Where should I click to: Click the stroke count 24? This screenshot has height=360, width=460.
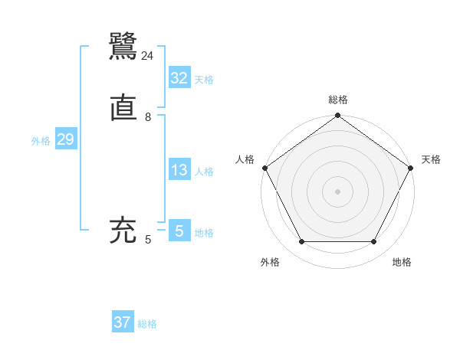pyautogui.click(x=147, y=56)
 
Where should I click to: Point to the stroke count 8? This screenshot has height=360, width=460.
pyautogui.click(x=147, y=117)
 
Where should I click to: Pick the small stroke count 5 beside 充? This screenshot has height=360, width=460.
pyautogui.click(x=147, y=241)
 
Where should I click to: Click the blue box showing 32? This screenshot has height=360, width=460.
pyautogui.click(x=179, y=78)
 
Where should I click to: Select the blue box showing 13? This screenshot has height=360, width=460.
pyautogui.click(x=179, y=171)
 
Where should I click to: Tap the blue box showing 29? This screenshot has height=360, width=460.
pyautogui.click(x=65, y=140)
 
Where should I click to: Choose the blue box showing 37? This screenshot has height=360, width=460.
pyautogui.click(x=123, y=322)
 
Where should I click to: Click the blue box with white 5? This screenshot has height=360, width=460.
pyautogui.click(x=179, y=231)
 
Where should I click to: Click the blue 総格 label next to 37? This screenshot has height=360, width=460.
pyautogui.click(x=147, y=324)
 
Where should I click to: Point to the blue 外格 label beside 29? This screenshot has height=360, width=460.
pyautogui.click(x=41, y=141)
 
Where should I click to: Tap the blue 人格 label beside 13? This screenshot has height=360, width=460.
pyautogui.click(x=204, y=172)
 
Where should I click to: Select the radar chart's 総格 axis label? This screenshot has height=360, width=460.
pyautogui.click(x=337, y=100)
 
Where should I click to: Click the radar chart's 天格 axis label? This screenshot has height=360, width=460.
pyautogui.click(x=431, y=159)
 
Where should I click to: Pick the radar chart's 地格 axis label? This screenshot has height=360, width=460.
pyautogui.click(x=402, y=262)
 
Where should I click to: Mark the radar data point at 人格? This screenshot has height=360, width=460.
pyautogui.click(x=264, y=168)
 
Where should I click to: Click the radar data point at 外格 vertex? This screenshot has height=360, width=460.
pyautogui.click(x=301, y=242)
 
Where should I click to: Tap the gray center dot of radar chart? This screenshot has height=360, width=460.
pyautogui.click(x=337, y=191)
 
